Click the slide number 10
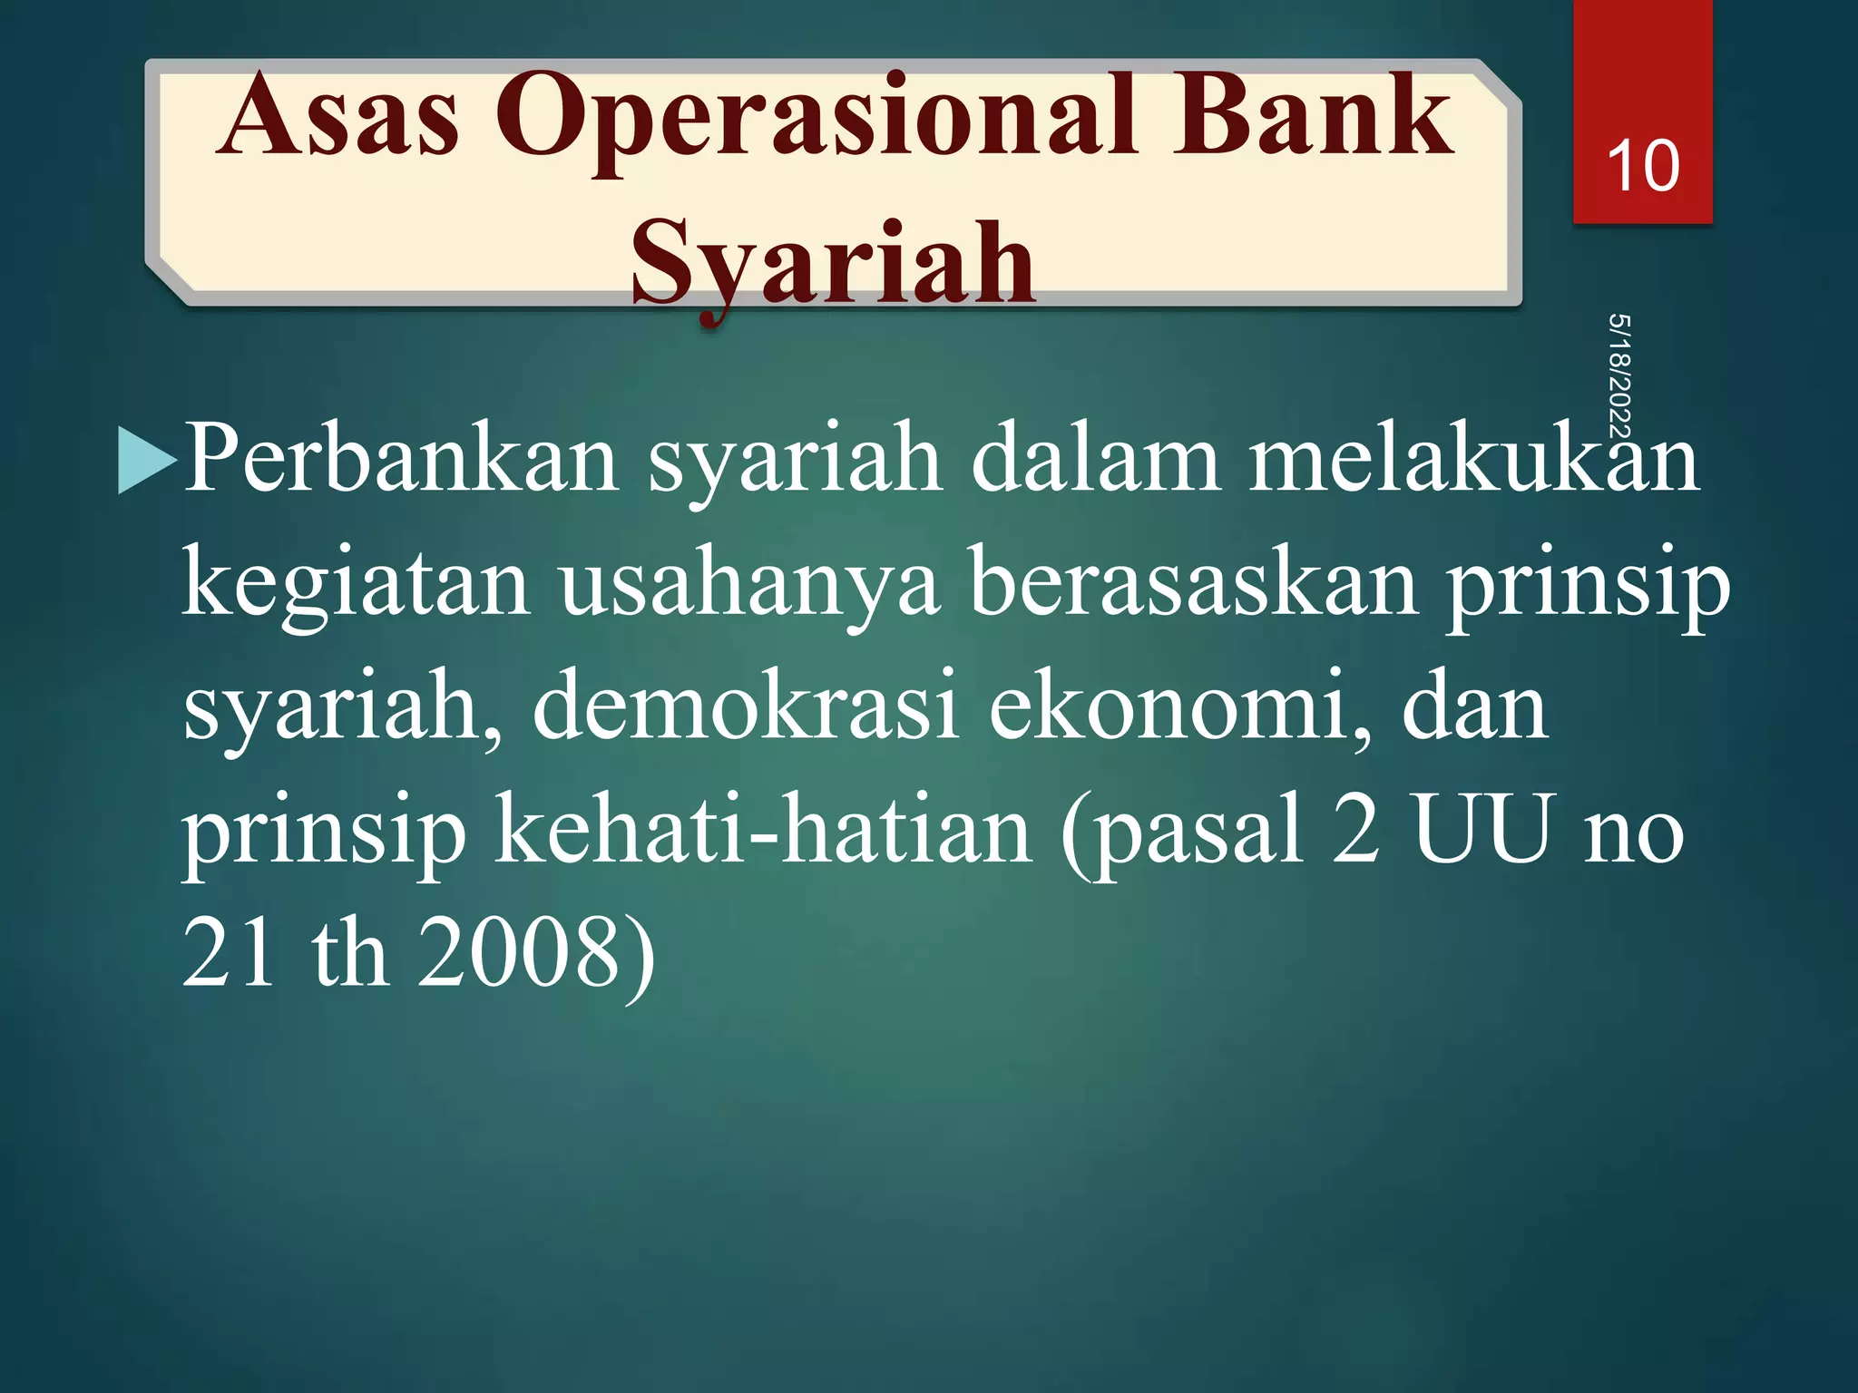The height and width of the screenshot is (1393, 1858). point(1642,166)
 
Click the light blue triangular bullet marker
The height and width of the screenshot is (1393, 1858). point(147,460)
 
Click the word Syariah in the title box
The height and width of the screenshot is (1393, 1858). point(833,265)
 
